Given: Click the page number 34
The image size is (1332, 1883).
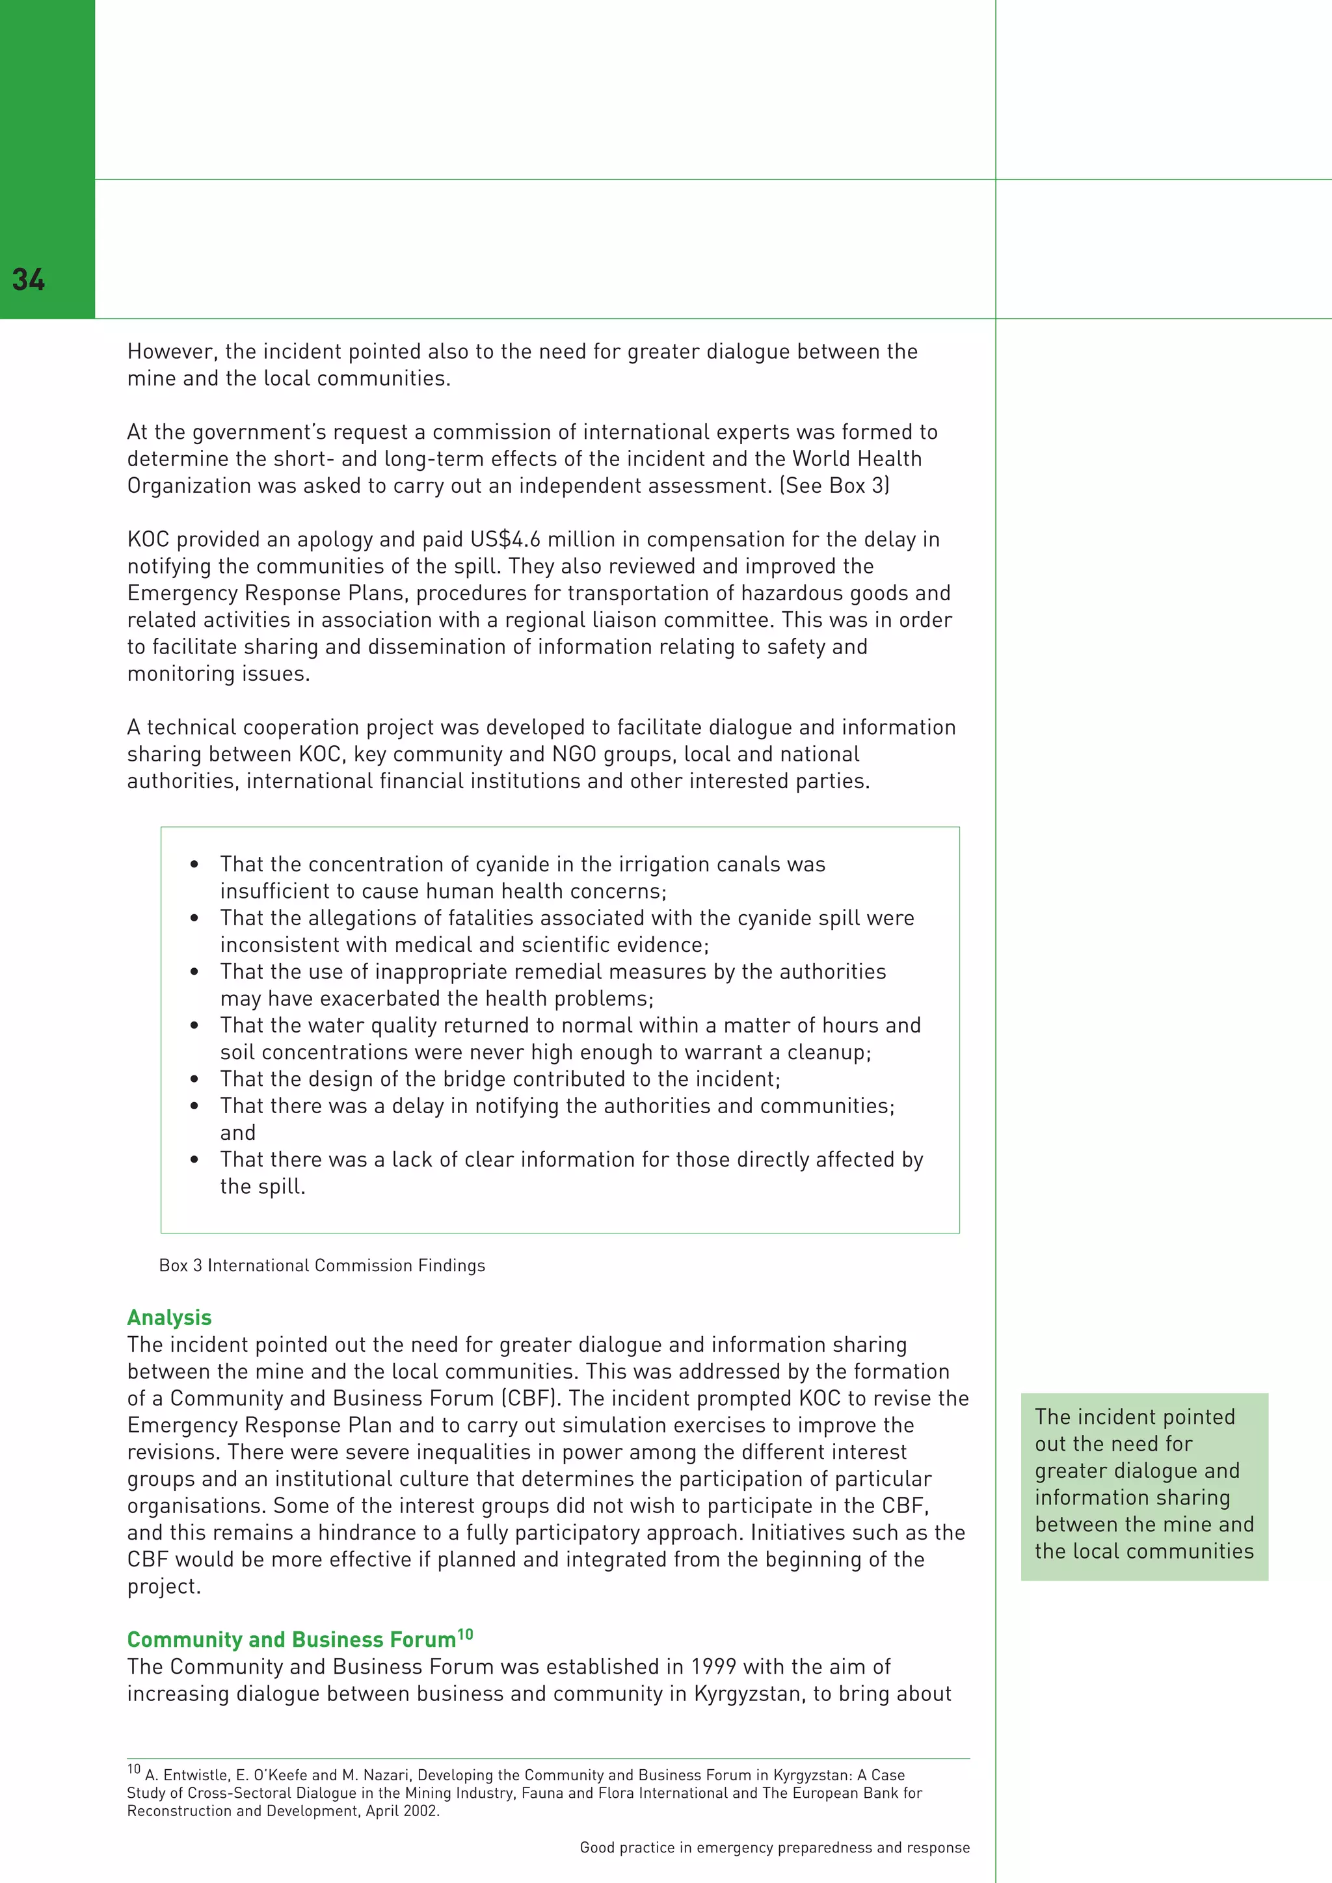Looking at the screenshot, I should click(x=29, y=280).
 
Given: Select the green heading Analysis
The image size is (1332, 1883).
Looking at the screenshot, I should click(x=169, y=1317).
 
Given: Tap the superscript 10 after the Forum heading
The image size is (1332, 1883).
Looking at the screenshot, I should click(x=465, y=1635).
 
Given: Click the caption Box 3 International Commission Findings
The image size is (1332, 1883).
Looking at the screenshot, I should click(x=321, y=1265).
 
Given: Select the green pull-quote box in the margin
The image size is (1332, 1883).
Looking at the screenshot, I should click(x=1144, y=1486).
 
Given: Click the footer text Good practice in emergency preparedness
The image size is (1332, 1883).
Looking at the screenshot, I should click(x=774, y=1848).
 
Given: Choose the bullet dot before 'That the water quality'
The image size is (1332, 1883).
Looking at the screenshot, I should click(x=194, y=1026).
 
